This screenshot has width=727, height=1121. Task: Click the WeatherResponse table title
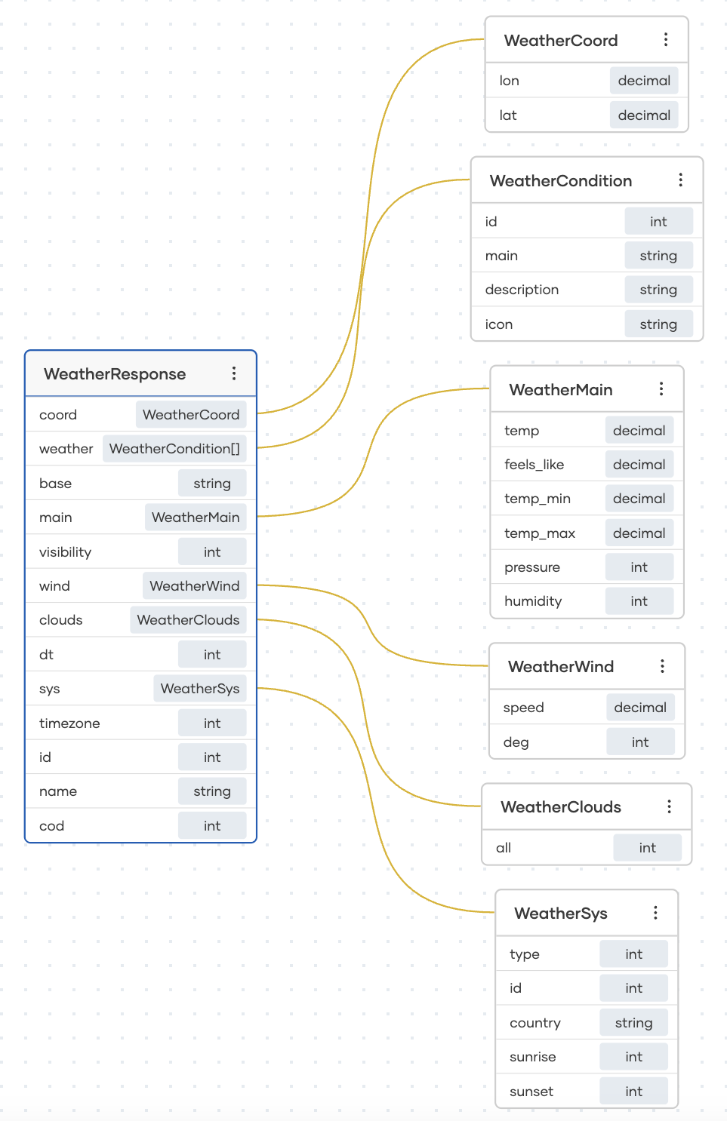click(115, 374)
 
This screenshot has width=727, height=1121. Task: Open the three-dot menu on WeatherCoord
click(665, 40)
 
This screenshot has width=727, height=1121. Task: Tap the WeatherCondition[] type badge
click(174, 449)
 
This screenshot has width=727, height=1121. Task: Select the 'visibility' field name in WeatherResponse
click(65, 552)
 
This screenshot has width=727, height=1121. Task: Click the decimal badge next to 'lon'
click(643, 81)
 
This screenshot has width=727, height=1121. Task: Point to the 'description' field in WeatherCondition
click(522, 290)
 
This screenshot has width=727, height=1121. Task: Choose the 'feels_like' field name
click(534, 465)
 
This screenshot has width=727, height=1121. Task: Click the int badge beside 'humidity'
click(639, 601)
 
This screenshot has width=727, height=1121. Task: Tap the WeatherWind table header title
click(560, 667)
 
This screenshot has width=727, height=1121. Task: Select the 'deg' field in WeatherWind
click(516, 742)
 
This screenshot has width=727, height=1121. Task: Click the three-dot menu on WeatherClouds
click(669, 807)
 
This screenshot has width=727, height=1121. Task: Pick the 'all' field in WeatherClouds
click(504, 848)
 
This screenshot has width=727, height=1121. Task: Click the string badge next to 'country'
click(633, 1023)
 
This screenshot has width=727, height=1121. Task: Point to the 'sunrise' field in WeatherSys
click(532, 1057)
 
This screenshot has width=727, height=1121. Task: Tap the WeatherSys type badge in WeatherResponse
click(199, 689)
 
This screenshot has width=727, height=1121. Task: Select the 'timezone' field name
click(69, 723)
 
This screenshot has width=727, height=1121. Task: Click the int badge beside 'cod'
click(212, 826)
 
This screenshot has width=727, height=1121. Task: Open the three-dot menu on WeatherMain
click(661, 389)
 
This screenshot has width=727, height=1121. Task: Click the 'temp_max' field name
click(539, 533)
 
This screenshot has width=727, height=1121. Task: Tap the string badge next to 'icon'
click(658, 324)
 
